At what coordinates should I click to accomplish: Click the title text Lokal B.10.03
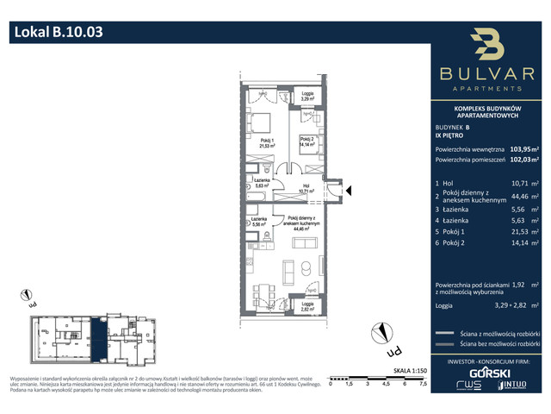pos(59,34)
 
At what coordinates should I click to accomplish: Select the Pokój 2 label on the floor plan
pos(307,142)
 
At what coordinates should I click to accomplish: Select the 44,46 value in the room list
pos(514,203)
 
